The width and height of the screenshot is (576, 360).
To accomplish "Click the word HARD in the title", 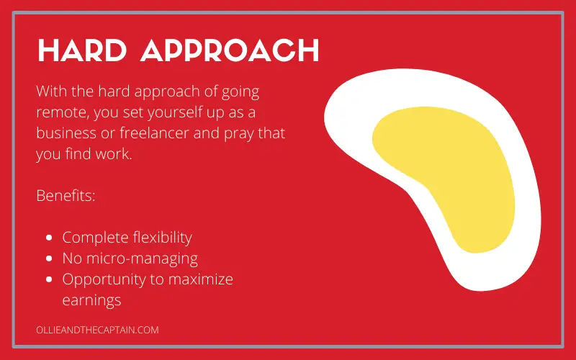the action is pyautogui.click(x=82, y=50).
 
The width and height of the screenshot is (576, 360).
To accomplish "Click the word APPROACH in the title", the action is pyautogui.click(x=230, y=50).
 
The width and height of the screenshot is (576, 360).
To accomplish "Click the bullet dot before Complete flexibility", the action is pyautogui.click(x=49, y=238).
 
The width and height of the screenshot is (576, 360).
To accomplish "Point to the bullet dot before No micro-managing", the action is pyautogui.click(x=49, y=258).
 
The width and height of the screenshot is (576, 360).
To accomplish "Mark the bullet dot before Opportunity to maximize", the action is pyautogui.click(x=49, y=279).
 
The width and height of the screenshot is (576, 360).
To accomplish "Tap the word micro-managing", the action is pyautogui.click(x=142, y=259).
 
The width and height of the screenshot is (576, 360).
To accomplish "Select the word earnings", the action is pyautogui.click(x=92, y=301).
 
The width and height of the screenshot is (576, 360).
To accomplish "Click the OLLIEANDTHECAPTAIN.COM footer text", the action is pyautogui.click(x=97, y=330).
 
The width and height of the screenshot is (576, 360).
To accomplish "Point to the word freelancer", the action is pyautogui.click(x=154, y=133).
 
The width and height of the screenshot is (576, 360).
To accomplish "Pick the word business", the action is pyautogui.click(x=66, y=133).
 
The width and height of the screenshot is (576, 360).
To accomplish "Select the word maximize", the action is pyautogui.click(x=201, y=279).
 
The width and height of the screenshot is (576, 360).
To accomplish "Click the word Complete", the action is pyautogui.click(x=95, y=238).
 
